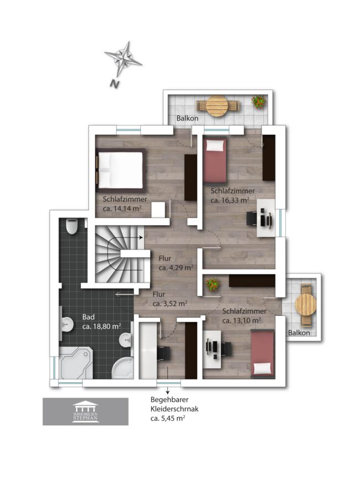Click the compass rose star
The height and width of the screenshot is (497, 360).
[123, 59]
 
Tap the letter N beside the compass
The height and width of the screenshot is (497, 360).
[115, 84]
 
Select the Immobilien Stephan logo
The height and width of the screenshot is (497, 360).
[86, 411]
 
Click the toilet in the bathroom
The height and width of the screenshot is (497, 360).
[72, 226]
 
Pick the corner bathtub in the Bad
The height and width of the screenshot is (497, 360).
[76, 363]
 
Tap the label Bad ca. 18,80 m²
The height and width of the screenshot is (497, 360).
[102, 321]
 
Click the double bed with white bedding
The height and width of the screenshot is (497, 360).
[121, 170]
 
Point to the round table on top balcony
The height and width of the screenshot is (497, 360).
[217, 106]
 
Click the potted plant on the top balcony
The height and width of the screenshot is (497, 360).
[258, 102]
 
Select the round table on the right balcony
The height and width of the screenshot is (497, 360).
[306, 305]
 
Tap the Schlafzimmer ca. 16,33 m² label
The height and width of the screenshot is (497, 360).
[232, 195]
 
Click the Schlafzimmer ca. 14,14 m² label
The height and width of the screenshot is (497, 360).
[125, 203]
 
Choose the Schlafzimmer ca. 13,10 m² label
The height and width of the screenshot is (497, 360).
[244, 316]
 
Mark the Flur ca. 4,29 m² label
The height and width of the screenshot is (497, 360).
[176, 263]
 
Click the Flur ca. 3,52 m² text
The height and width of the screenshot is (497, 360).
[170, 299]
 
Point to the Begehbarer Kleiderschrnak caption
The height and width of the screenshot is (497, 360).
[174, 409]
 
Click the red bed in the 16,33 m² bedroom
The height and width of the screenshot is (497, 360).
[215, 160]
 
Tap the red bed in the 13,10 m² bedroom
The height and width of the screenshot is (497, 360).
[262, 354]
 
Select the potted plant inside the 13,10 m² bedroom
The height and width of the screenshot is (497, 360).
[213, 284]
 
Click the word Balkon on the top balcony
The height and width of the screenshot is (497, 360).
[187, 118]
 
